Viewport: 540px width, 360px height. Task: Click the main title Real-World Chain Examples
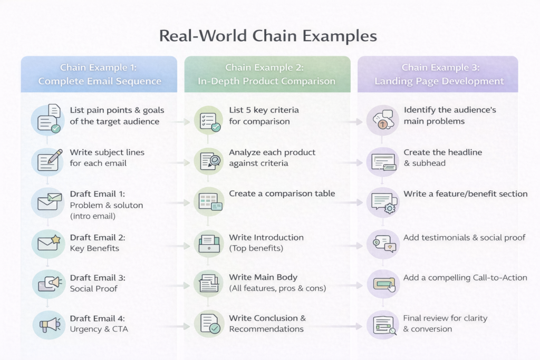[268, 36]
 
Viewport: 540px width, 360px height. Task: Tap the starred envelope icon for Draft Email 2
[48, 242]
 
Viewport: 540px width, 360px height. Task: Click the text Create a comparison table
[282, 194]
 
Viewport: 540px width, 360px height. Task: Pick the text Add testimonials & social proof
[464, 238]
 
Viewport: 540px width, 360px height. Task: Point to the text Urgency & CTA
[99, 329]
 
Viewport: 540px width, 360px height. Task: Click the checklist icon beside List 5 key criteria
[209, 120]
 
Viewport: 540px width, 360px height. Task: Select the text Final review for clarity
[445, 318]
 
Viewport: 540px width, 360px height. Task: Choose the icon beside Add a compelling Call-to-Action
[383, 283]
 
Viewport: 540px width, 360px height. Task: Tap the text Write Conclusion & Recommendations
[267, 324]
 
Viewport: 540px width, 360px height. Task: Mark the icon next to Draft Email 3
[48, 283]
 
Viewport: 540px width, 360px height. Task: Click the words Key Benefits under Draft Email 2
[94, 248]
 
